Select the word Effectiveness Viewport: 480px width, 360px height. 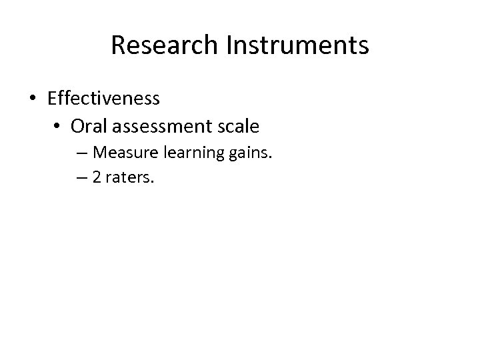click(x=103, y=98)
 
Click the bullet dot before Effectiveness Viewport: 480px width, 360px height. click(x=32, y=99)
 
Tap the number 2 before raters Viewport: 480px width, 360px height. click(x=97, y=178)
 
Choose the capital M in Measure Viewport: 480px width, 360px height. click(x=101, y=153)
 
